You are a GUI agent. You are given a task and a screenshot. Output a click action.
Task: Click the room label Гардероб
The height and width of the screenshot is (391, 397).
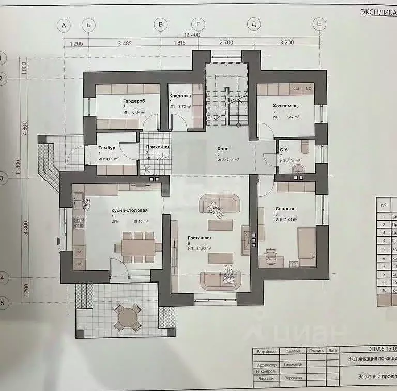(133, 101)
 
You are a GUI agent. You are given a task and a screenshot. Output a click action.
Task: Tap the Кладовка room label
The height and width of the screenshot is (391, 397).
(180, 96)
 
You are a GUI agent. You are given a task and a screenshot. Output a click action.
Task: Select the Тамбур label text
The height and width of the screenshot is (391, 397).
(107, 148)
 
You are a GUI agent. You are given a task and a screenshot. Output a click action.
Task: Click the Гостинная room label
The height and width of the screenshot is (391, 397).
(199, 238)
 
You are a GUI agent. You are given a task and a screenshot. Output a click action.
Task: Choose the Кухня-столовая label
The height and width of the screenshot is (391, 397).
(129, 210)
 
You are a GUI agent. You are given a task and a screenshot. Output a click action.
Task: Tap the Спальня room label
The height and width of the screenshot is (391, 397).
(285, 209)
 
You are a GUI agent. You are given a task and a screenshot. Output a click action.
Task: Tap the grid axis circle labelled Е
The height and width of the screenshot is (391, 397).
(319, 24)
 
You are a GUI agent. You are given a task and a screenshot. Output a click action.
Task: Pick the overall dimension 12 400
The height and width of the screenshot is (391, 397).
(192, 35)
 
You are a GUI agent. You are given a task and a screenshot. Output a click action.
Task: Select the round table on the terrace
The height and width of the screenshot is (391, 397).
(127, 317)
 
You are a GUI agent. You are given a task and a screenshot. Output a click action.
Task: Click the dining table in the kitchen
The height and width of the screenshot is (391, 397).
(138, 247)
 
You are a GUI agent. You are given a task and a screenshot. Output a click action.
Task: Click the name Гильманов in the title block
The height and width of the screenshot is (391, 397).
(293, 364)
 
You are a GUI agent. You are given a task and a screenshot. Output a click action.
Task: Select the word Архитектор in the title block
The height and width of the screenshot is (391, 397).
(266, 364)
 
